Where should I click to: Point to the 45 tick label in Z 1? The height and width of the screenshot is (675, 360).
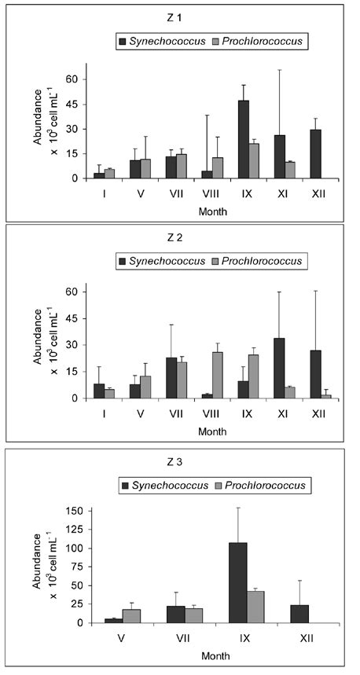pos(72,103)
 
